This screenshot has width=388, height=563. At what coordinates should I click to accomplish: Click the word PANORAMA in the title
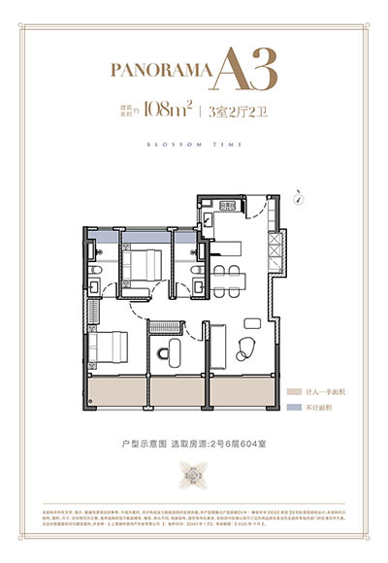point(162,71)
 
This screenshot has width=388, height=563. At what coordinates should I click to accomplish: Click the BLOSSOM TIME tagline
point(194,143)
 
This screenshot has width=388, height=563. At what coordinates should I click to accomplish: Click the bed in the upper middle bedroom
point(145,265)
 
